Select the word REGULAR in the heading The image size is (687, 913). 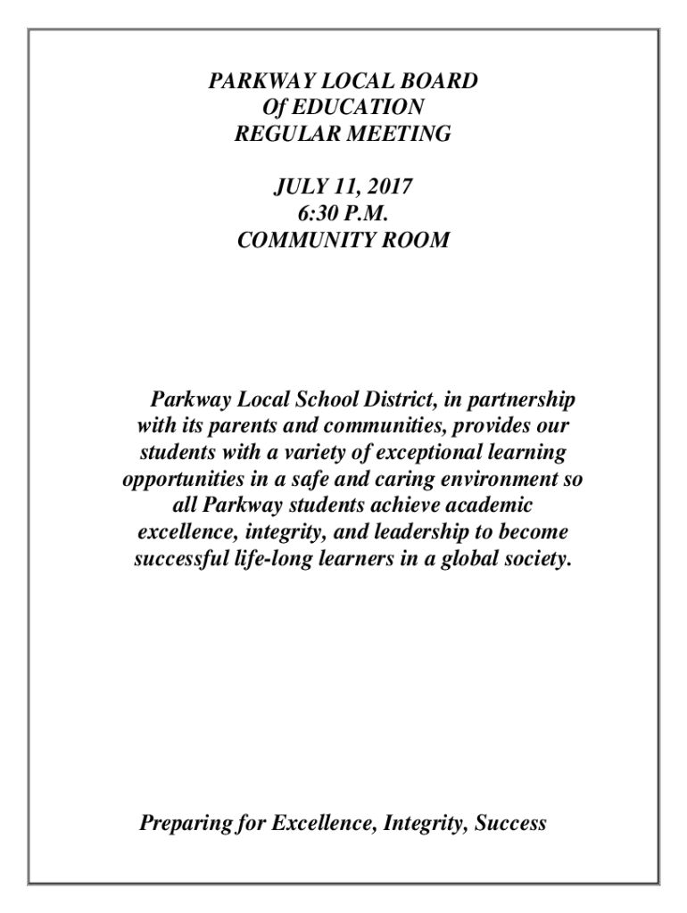coord(279,134)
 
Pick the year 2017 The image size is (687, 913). coord(393,188)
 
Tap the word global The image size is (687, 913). coord(466,560)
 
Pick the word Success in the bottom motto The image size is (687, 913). coord(510,823)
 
